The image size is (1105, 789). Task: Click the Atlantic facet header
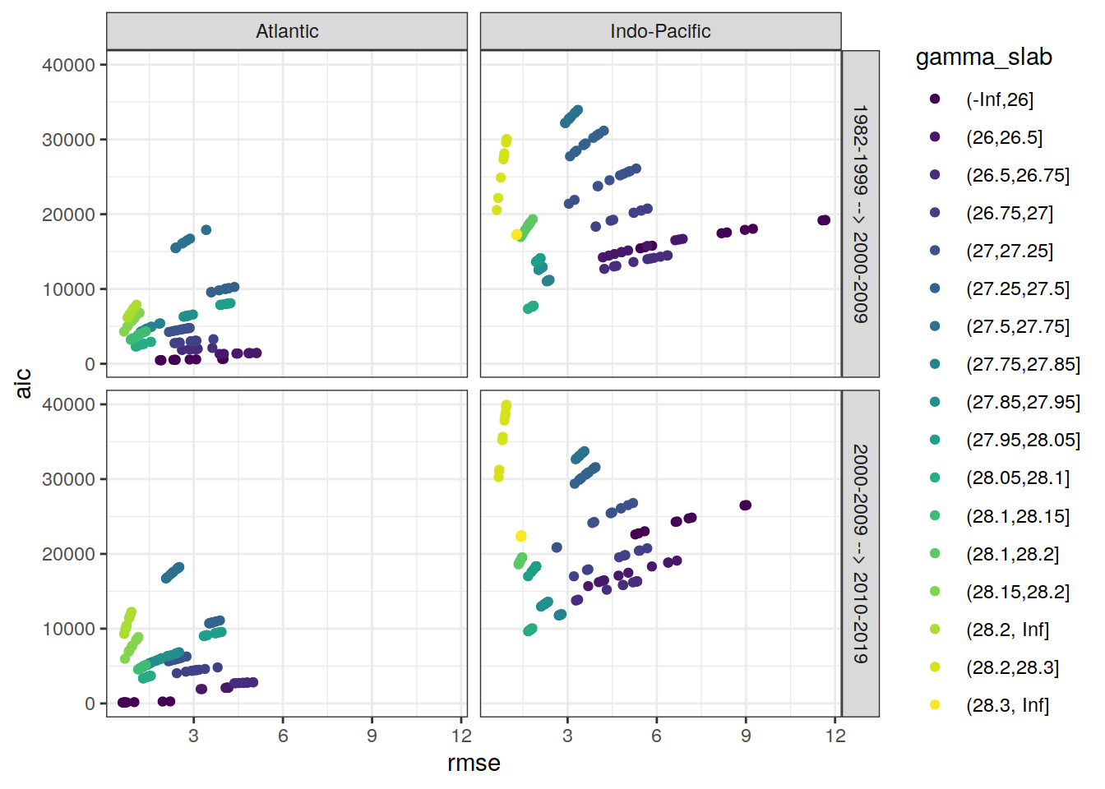pos(287,31)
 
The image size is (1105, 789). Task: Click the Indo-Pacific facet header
pos(660,31)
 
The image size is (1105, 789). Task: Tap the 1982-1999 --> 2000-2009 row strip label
pos(860,214)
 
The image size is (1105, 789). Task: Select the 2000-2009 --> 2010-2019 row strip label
pos(860,553)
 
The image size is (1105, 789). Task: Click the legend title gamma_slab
pos(983,58)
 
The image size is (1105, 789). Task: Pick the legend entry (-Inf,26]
pos(999,99)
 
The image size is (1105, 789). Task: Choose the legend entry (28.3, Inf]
pos(1007,705)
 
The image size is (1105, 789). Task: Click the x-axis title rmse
pos(474,763)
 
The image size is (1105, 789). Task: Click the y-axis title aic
pos(24,383)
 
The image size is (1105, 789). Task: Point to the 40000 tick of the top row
pos(68,65)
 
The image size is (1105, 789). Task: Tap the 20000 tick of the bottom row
pos(68,554)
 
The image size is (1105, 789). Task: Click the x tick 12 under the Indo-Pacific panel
pos(835,736)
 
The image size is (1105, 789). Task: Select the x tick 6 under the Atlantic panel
pos(283,736)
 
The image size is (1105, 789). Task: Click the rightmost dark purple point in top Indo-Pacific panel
pos(825,220)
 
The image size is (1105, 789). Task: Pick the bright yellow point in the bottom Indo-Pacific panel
pos(520,537)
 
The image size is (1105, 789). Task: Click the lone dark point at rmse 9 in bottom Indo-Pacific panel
pos(746,505)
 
